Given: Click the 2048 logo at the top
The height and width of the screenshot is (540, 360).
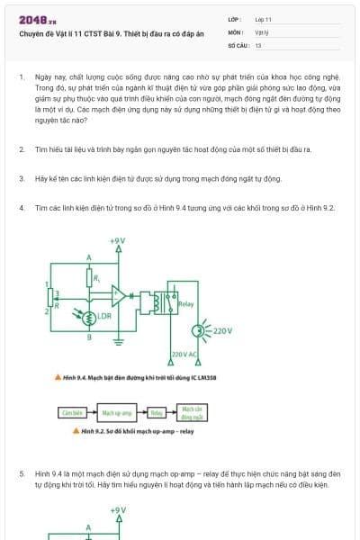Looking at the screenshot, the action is click(31, 19).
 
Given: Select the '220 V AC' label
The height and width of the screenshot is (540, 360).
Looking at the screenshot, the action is click(184, 355).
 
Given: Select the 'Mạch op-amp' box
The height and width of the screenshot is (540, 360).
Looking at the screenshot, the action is click(117, 413).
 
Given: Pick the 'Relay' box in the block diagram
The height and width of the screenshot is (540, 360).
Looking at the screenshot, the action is click(156, 413).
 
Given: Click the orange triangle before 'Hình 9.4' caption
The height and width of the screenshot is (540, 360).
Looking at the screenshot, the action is click(57, 378).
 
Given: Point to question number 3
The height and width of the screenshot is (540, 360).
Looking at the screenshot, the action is click(21, 179).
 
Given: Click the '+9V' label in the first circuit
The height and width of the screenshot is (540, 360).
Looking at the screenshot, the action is click(117, 241).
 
